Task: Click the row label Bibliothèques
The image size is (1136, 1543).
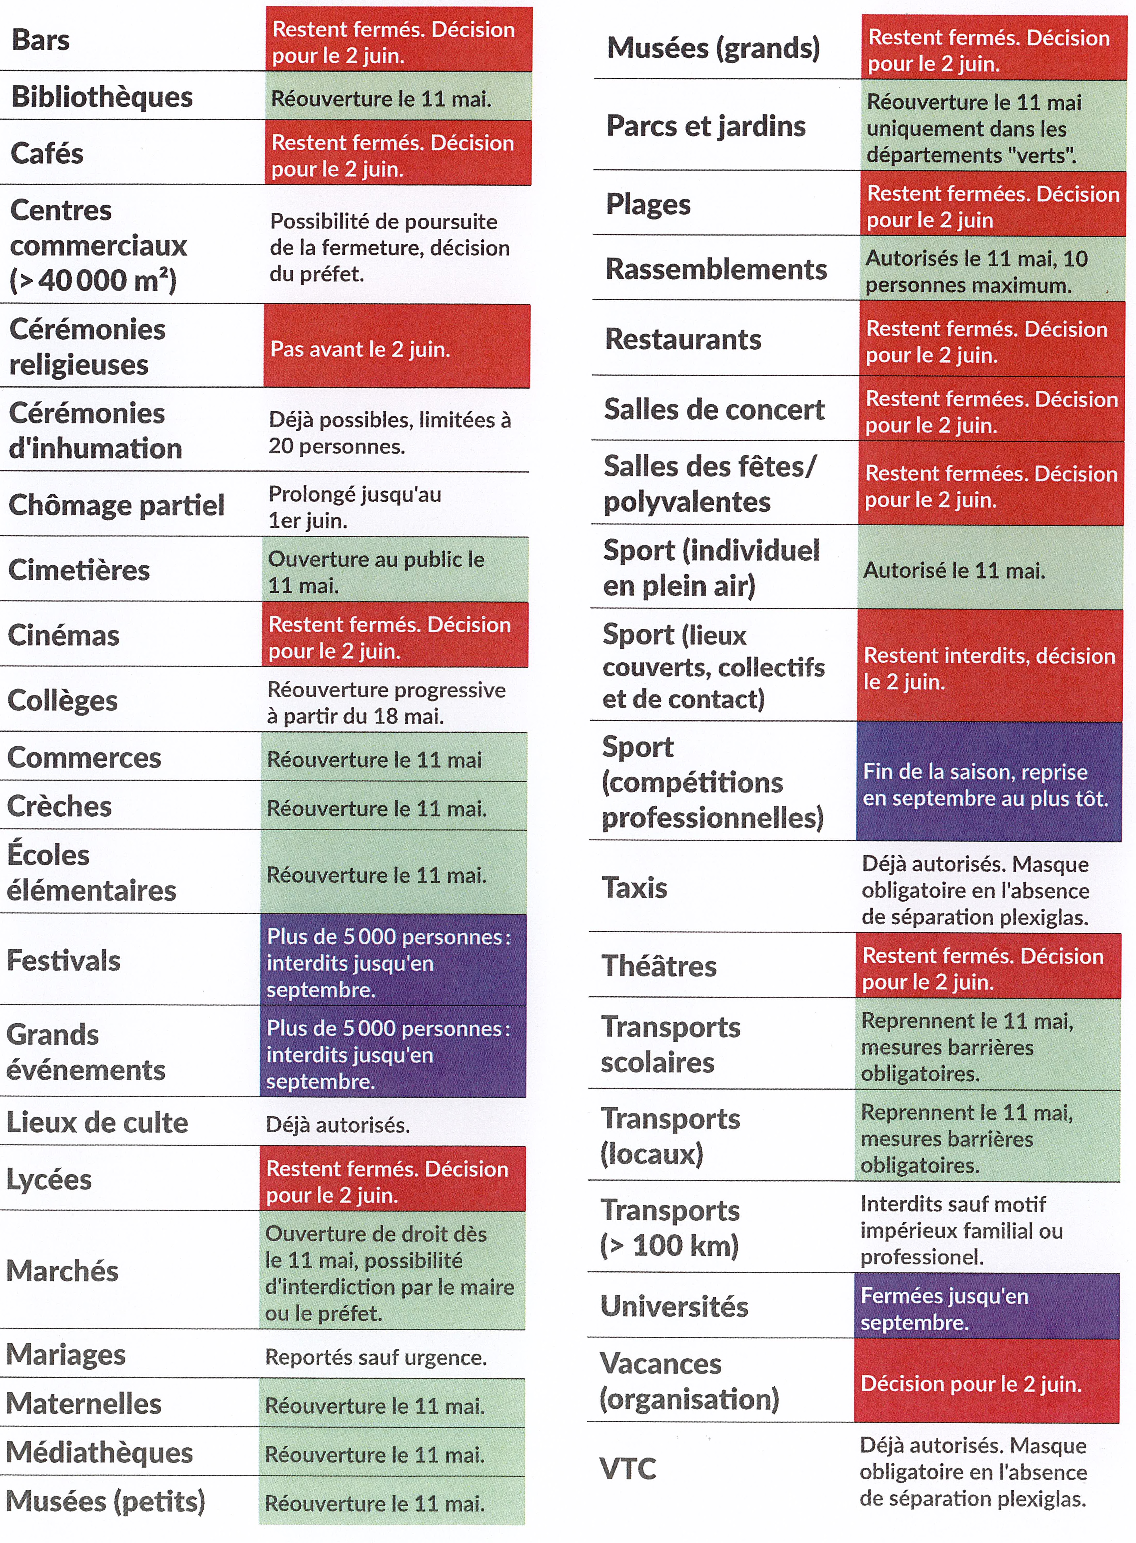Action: click(x=102, y=97)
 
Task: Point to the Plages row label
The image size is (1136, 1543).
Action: click(x=648, y=204)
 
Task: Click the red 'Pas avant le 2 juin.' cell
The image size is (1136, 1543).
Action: click(x=396, y=348)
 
